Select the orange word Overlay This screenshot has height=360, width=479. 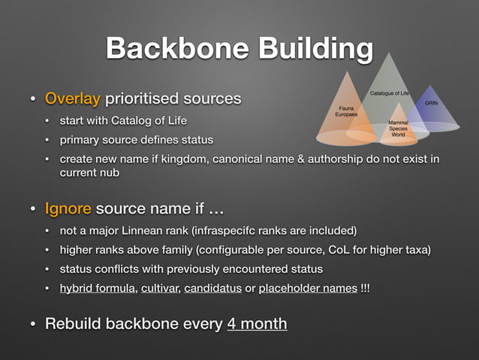click(x=73, y=98)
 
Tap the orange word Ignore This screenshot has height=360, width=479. click(x=68, y=208)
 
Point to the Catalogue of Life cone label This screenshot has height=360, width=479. click(x=389, y=92)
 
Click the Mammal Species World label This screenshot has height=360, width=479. click(x=398, y=129)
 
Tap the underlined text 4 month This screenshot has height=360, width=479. click(x=256, y=324)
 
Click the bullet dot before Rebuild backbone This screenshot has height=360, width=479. click(x=32, y=325)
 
